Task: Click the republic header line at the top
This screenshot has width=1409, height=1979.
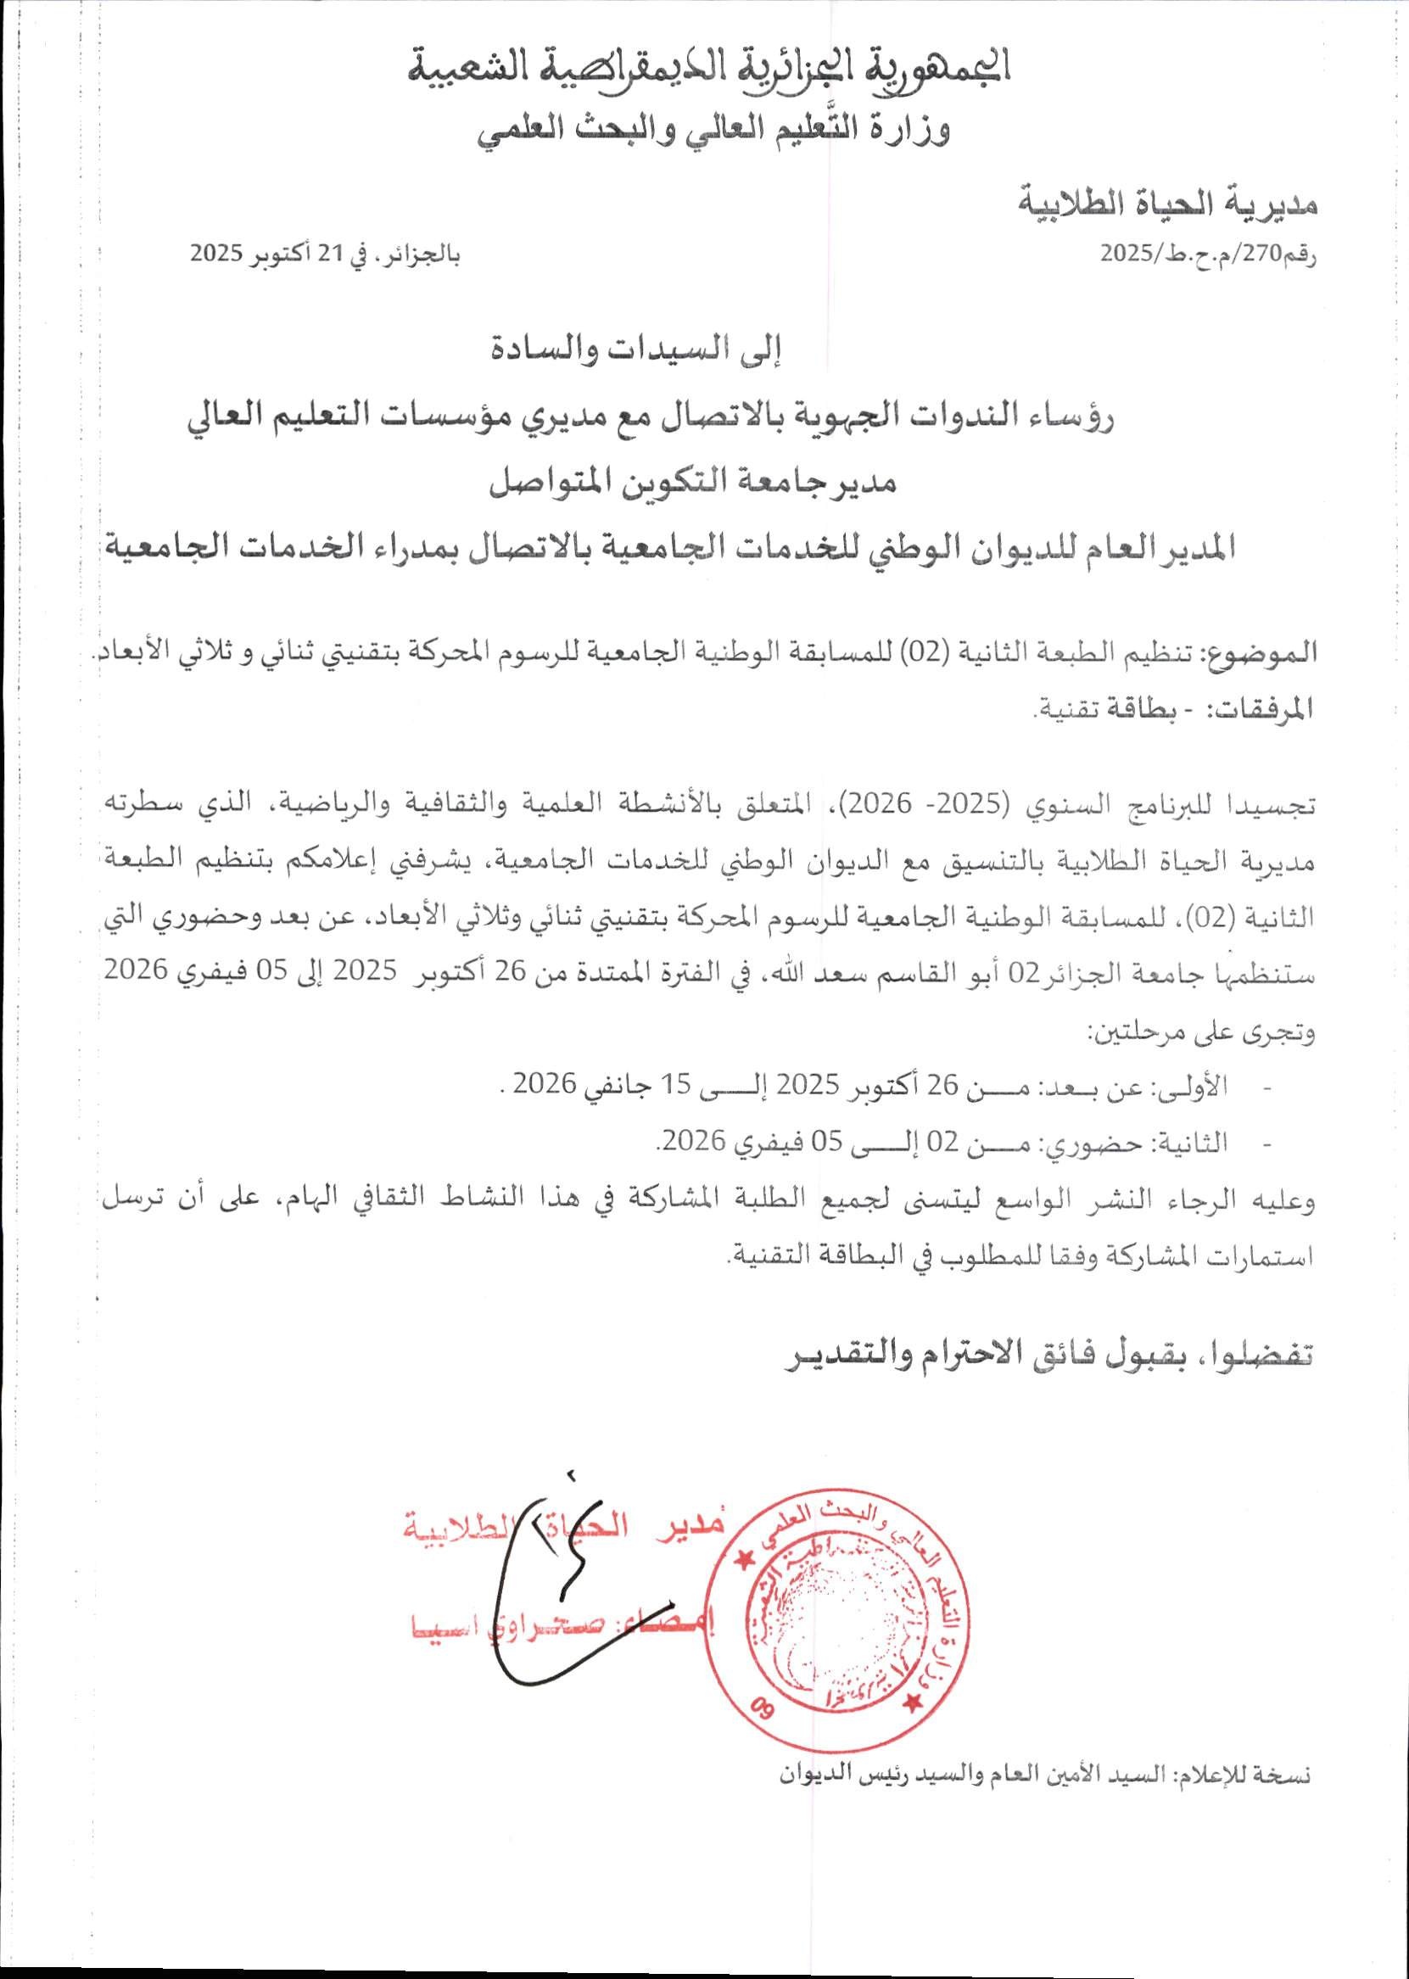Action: (710, 68)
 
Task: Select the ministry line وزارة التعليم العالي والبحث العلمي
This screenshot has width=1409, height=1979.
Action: (717, 130)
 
